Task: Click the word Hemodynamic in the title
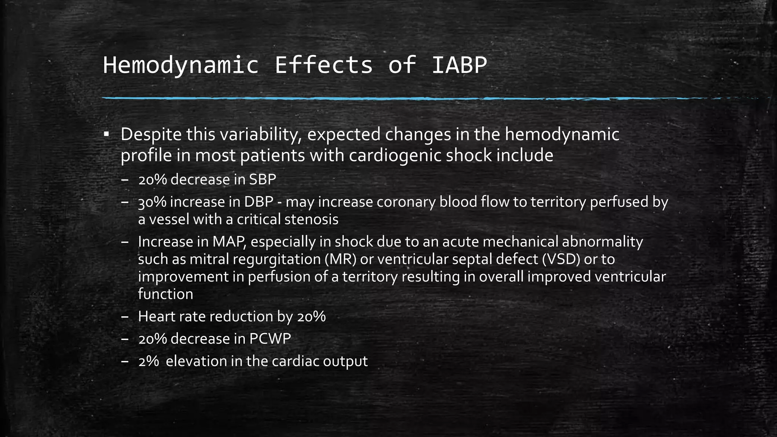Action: pos(181,65)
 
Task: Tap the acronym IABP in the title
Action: pos(459,65)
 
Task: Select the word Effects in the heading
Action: pos(323,65)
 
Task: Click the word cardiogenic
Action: pos(395,156)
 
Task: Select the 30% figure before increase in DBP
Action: pos(152,202)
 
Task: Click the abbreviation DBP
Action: pos(259,202)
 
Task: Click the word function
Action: pos(165,294)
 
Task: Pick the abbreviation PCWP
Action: pos(270,339)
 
